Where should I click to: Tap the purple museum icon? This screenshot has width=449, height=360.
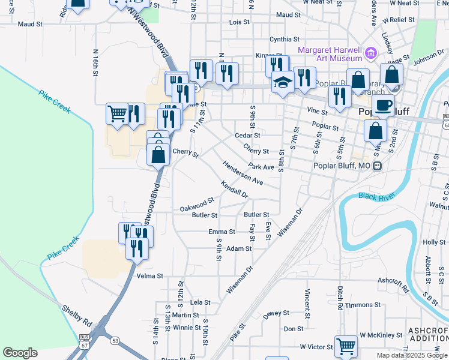point(370,55)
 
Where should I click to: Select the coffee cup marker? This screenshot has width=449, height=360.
point(384,106)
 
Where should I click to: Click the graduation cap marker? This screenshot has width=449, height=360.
point(282,82)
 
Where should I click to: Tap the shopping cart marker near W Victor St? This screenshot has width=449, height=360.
point(346,346)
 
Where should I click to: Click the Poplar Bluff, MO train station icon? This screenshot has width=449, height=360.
point(378,166)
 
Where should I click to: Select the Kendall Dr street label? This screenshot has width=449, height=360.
point(234,190)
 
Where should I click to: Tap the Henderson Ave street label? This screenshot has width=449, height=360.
point(243,173)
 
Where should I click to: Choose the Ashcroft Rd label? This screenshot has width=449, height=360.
point(393,281)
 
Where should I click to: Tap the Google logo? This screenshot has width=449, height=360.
point(20,352)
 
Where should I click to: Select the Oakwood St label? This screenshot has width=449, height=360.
point(197,205)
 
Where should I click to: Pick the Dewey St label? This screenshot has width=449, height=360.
point(277,313)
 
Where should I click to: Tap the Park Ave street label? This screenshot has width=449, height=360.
point(261,167)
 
